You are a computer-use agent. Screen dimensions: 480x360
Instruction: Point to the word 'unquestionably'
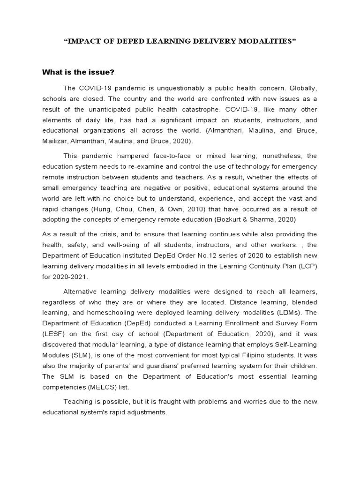click(173, 88)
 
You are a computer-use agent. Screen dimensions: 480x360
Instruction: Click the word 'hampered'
click(130, 156)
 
